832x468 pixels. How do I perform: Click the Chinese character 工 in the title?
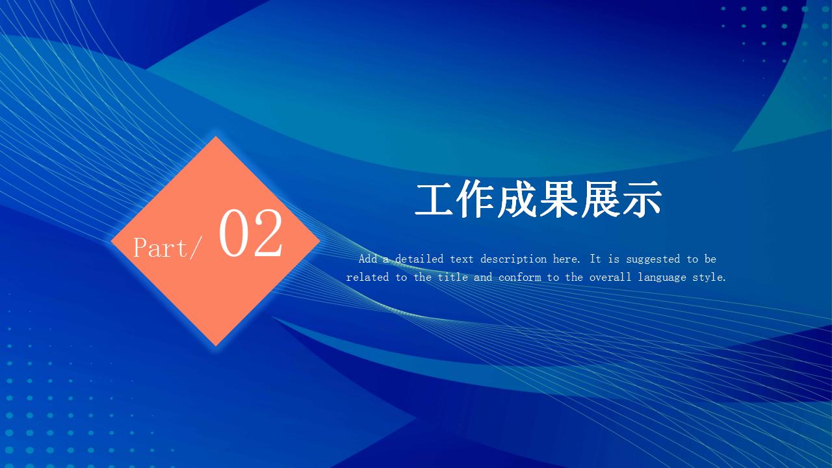point(434,200)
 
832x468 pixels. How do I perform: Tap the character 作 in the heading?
point(475,200)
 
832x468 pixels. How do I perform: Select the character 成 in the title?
point(517,200)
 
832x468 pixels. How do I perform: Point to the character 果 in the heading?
point(558,200)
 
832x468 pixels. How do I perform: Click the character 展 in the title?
point(600,200)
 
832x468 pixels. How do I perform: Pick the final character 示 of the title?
point(642,200)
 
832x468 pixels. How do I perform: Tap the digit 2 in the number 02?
point(268,233)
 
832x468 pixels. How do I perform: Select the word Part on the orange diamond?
point(161,248)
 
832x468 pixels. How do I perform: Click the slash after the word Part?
point(196,248)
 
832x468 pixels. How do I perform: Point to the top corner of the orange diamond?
point(216,136)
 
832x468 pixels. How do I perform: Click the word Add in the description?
point(368,259)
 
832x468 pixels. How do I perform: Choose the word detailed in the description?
point(419,259)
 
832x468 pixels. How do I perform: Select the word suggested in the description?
point(653,259)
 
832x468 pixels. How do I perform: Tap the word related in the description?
point(368,277)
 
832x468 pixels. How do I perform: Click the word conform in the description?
point(519,277)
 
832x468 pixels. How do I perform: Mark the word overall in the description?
point(610,277)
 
